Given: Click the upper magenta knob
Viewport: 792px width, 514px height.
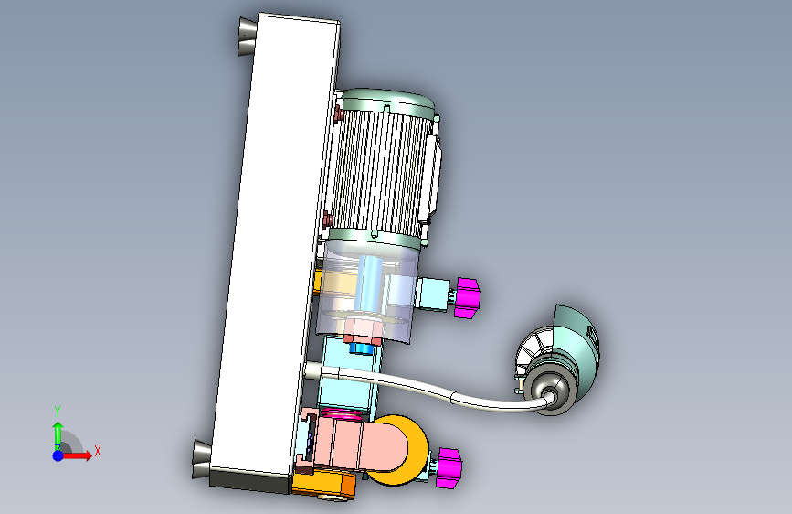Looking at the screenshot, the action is click(467, 297).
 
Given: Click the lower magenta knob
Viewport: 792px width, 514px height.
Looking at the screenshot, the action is click(449, 467).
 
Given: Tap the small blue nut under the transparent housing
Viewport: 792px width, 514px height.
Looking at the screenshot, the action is click(360, 348).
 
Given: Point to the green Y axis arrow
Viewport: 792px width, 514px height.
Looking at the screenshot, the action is click(58, 435).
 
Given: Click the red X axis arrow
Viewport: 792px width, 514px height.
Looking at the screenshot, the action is click(76, 455).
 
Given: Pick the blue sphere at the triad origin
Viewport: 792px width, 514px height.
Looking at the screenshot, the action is click(58, 455).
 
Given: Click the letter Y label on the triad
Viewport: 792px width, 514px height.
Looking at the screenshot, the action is click(58, 412).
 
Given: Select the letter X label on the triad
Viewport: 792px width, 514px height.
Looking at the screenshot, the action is click(98, 451).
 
